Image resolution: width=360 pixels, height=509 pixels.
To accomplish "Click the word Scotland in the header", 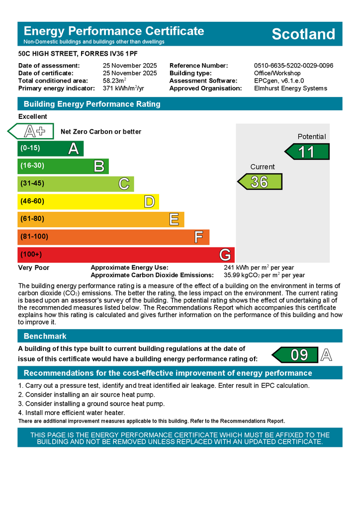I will point(303,34).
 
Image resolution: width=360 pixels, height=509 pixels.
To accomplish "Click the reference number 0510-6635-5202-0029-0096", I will point(293,66).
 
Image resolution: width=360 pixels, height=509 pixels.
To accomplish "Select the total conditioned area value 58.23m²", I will point(114,81).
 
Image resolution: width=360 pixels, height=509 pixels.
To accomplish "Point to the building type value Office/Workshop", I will point(277,73).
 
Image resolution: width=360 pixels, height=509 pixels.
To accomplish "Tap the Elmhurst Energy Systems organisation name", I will point(290,88).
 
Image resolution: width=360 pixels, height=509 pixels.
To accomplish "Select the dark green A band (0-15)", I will point(50,148).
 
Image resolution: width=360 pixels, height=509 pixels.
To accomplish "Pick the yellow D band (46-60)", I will point(88,201).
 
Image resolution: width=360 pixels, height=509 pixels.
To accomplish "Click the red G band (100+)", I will point(125,254).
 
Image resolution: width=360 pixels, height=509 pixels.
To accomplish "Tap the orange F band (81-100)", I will point(113,237).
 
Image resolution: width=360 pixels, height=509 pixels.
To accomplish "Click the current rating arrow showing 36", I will point(260,181).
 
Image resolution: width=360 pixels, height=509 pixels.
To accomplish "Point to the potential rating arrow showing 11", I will point(307,151).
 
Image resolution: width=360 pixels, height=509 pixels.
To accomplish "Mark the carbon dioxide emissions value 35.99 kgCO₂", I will point(264,275).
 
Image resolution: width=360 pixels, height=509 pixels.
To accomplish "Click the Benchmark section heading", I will point(45,336).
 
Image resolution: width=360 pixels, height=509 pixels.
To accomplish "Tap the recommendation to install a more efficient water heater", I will point(72,413).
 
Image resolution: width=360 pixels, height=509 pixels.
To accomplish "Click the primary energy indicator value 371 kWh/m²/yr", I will point(122,88).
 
